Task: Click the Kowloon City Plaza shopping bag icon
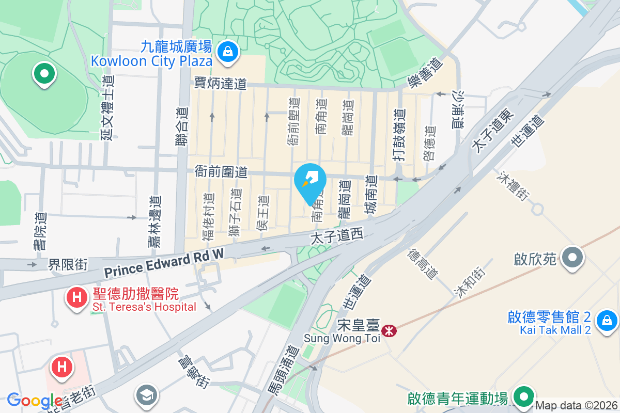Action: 227,52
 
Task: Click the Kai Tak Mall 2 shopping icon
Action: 608,321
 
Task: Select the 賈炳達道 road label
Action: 221,84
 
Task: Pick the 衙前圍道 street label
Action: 221,171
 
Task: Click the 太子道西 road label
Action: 336,237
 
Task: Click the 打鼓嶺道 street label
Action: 398,135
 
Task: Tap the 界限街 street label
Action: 68,265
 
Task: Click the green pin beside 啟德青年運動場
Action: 524,397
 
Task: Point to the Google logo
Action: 35,401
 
